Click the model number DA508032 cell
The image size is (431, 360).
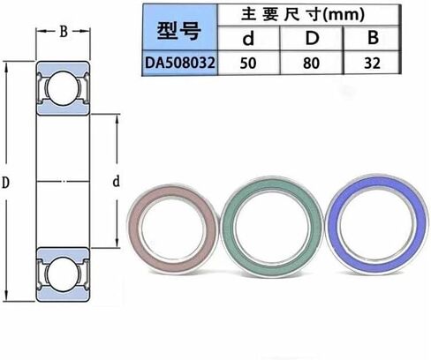[x=180, y=63]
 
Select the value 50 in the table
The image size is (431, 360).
[x=248, y=64]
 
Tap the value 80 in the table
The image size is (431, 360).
[x=311, y=64]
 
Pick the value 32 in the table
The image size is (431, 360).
[x=372, y=64]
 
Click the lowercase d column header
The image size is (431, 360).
[x=248, y=38]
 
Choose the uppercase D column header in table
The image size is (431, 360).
[x=312, y=38]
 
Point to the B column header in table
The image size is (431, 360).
[x=373, y=38]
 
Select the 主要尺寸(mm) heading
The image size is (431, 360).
[x=303, y=15]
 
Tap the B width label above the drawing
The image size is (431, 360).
[x=64, y=32]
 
